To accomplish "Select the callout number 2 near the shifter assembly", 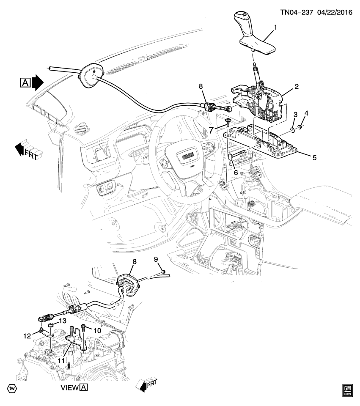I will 297,87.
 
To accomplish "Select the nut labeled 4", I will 300,126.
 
